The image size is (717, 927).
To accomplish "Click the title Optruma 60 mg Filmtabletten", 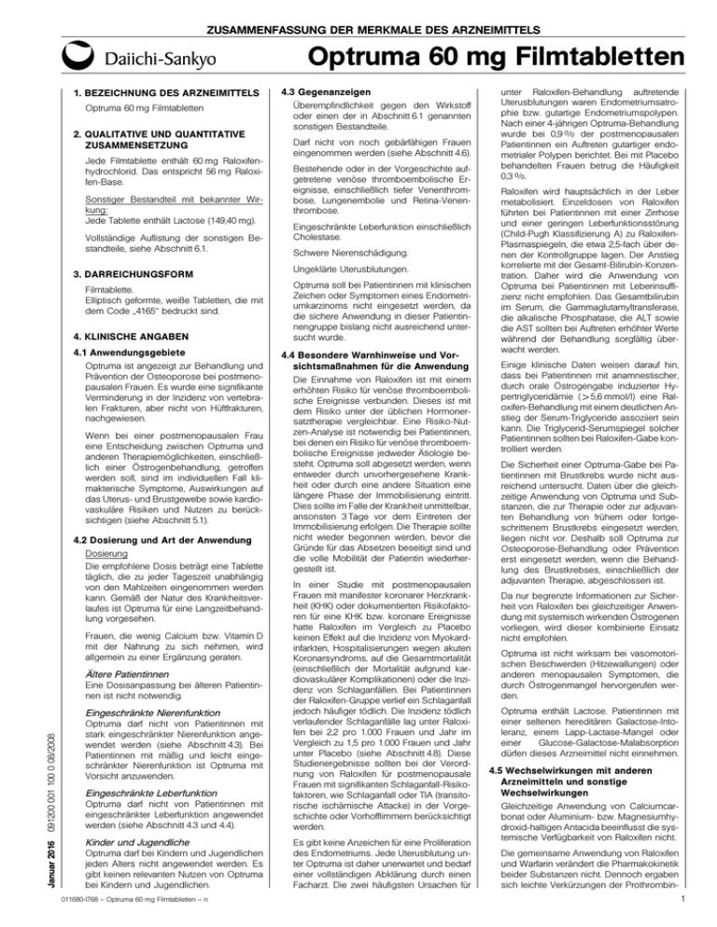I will point(517,54).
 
